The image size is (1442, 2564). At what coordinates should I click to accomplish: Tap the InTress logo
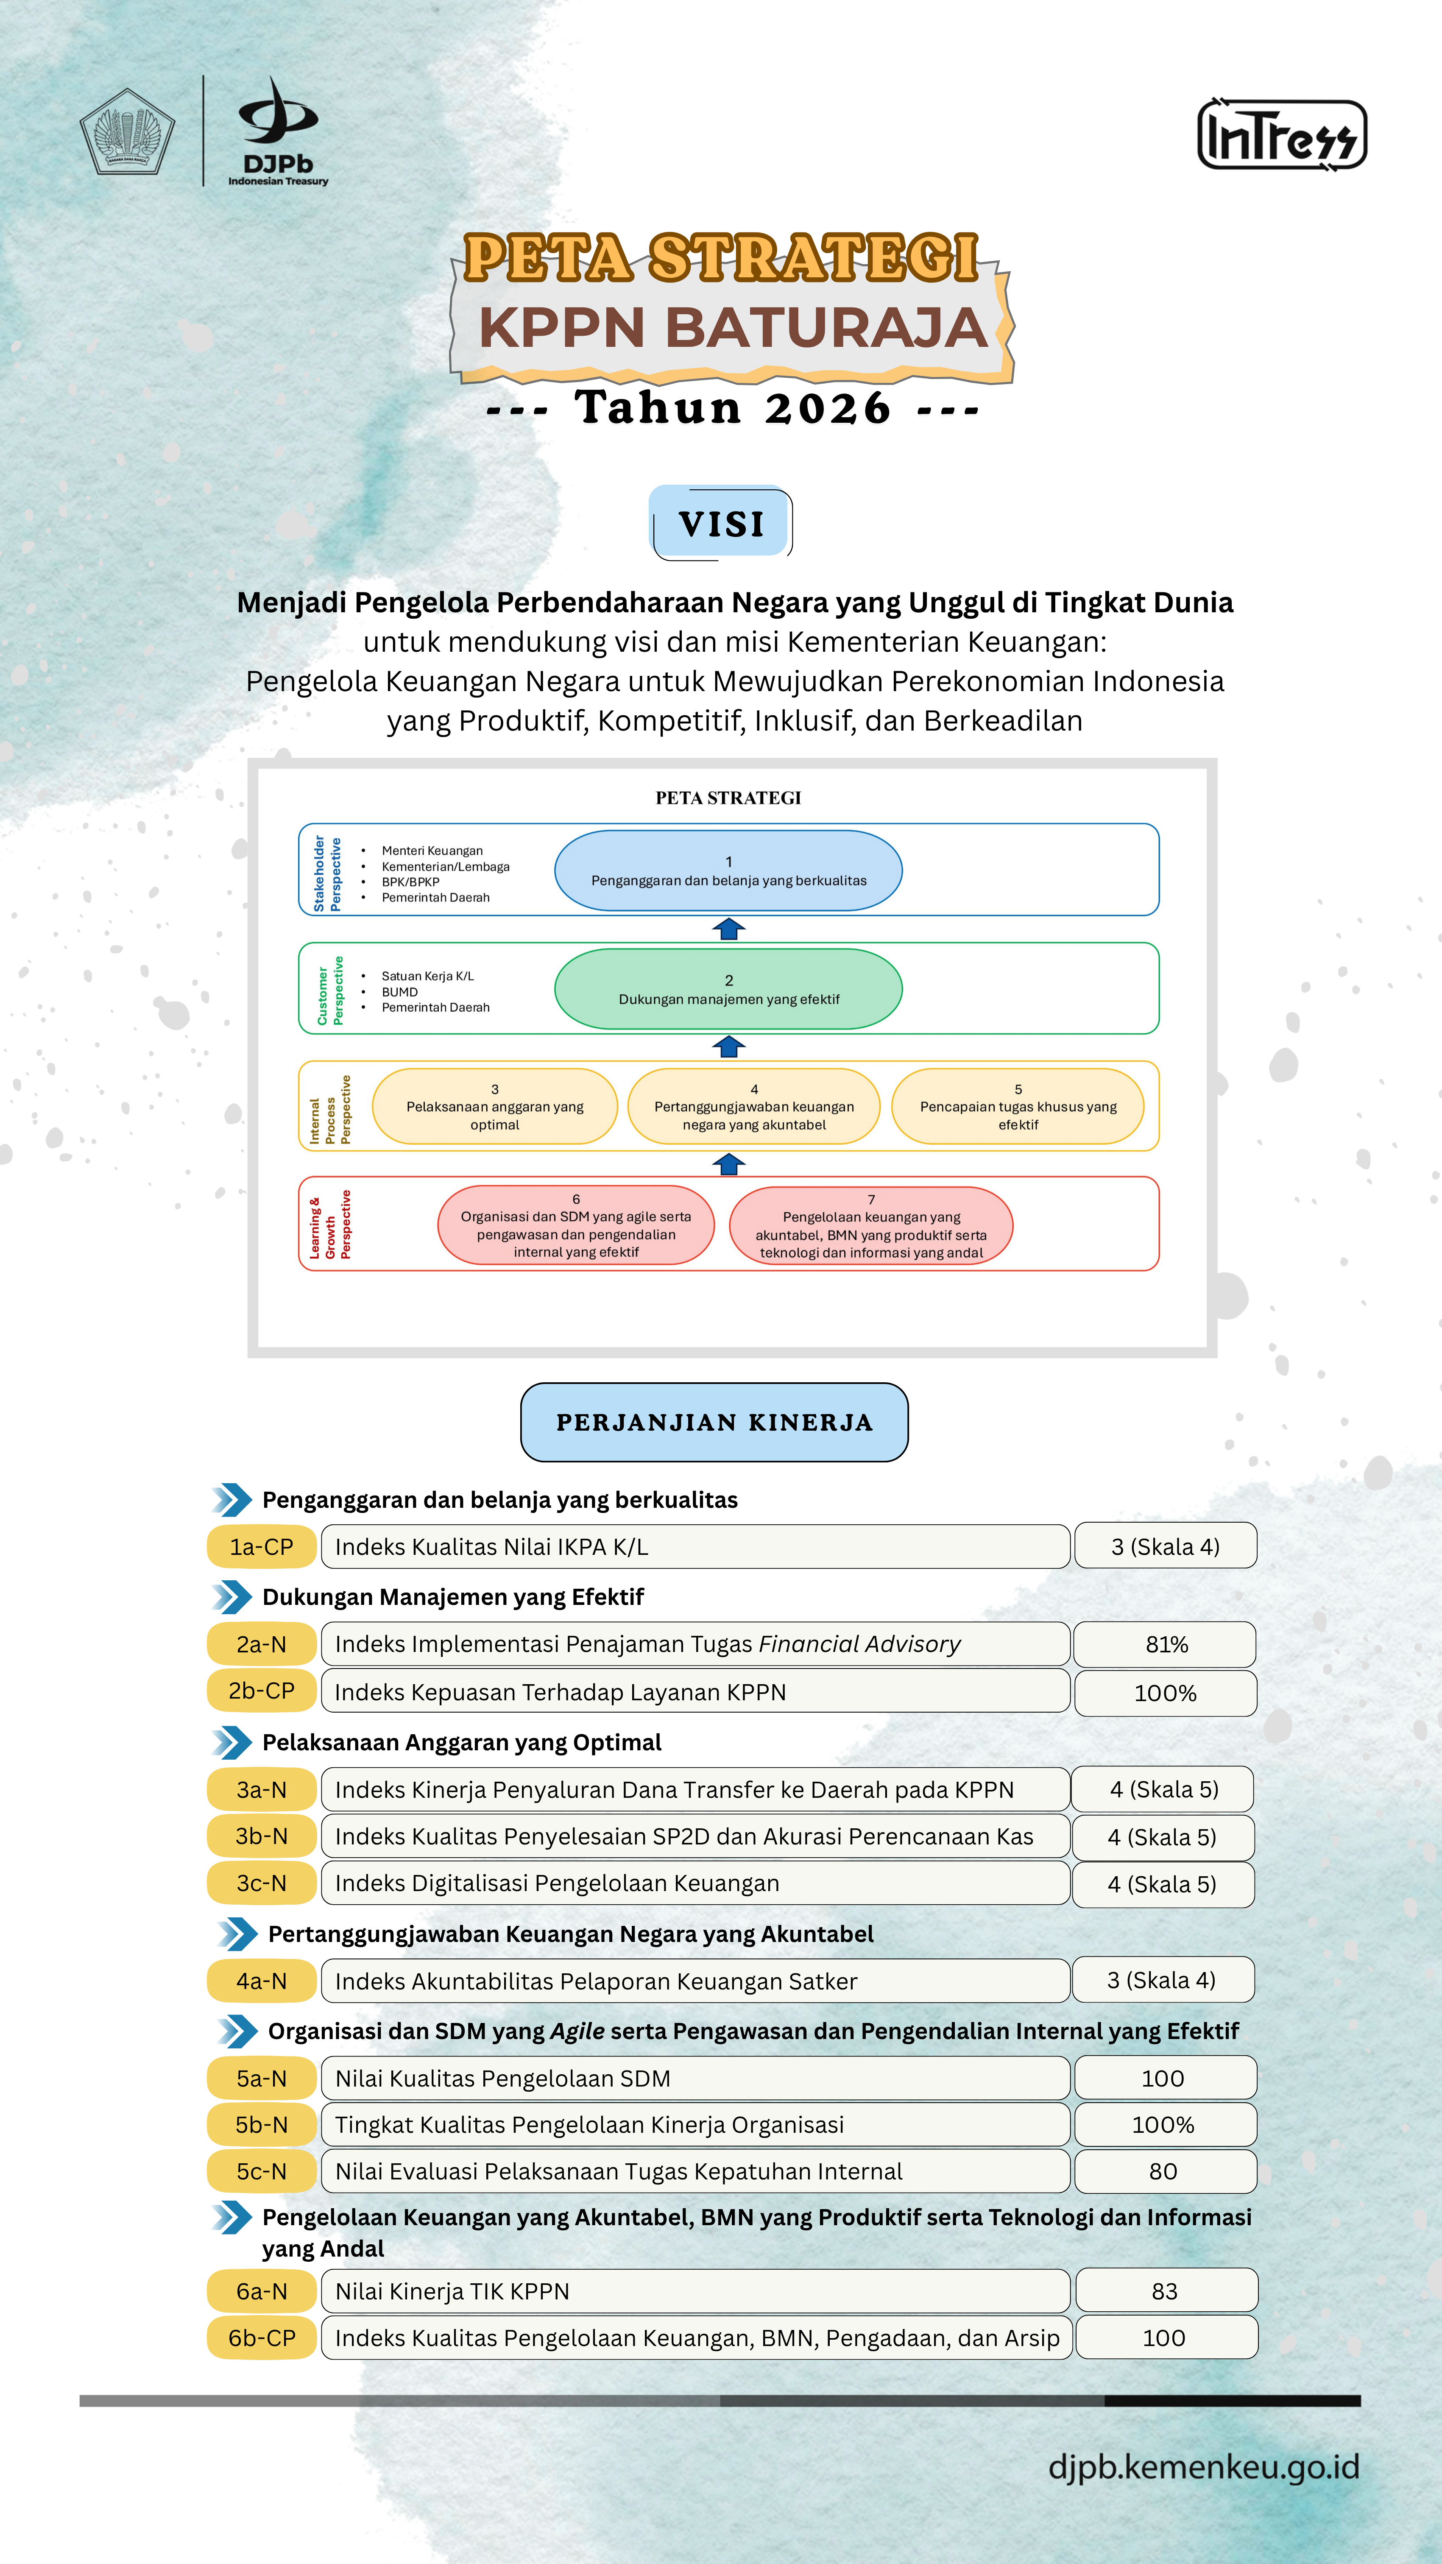coord(1282,134)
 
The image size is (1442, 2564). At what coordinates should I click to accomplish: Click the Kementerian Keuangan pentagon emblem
coord(127,131)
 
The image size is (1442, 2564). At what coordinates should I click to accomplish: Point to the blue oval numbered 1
coord(728,871)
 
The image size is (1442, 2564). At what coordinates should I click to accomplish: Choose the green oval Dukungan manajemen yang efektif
coord(728,988)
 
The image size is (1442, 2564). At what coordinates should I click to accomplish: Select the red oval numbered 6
coord(576,1225)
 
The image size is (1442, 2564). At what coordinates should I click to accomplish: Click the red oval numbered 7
coord(872,1225)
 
